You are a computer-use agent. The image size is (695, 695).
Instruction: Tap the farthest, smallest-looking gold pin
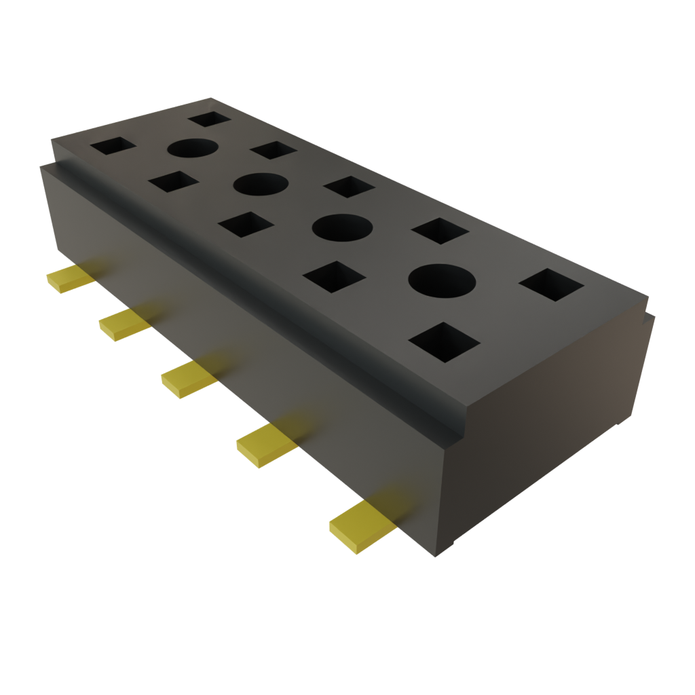(x=68, y=278)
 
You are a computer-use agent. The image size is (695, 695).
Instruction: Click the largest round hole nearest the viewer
(x=441, y=280)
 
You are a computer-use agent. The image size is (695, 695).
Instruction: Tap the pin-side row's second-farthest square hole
(x=173, y=182)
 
